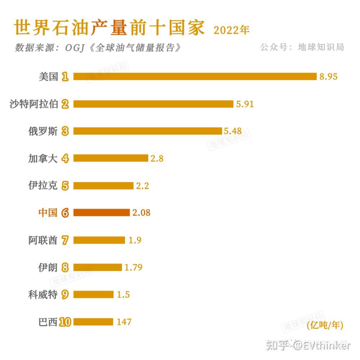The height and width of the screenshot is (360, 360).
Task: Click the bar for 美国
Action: pos(194,76)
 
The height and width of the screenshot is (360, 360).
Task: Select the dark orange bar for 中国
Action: pos(102,213)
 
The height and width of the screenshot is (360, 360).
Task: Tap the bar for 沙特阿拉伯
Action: pos(153,104)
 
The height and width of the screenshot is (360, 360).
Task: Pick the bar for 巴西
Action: pos(93,321)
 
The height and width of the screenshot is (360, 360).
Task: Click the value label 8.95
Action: pos(328,76)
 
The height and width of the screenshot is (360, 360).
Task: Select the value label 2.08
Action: pos(141,213)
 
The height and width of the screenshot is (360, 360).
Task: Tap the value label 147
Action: pos(124,321)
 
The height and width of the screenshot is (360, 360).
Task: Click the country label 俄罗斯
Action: pos(43,131)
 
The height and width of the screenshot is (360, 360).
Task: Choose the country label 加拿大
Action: pos(43,158)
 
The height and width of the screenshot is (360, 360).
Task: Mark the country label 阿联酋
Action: pos(43,240)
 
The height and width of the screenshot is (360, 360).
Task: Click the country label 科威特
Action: pos(43,295)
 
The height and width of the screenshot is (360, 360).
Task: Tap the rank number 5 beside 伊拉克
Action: pos(65,186)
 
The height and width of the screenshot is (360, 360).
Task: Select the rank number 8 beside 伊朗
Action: pos(65,267)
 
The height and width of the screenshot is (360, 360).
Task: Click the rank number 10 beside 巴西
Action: pos(65,322)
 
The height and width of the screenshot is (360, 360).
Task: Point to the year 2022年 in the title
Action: pos(231,30)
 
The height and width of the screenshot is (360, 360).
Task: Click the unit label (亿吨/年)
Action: pos(325,326)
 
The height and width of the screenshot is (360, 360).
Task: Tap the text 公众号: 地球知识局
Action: pos(302,47)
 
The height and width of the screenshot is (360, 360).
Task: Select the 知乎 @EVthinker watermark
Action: pos(308,346)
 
